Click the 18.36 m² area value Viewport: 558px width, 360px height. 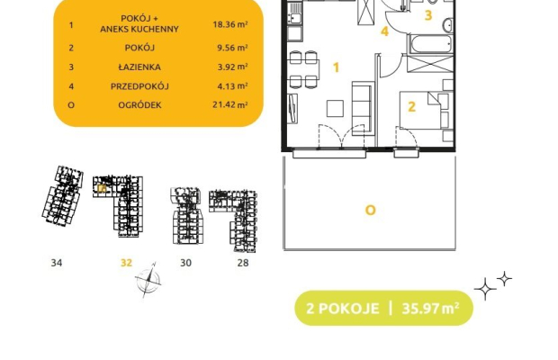[230, 24]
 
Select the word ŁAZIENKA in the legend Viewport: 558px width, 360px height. [139, 67]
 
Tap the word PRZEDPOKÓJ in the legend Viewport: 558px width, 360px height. [139, 86]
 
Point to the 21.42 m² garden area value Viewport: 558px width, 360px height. [230, 105]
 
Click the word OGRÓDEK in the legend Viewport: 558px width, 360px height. [139, 105]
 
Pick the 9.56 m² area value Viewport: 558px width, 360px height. [232, 48]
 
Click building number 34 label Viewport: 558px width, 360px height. [57, 263]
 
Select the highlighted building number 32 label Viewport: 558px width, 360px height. [126, 263]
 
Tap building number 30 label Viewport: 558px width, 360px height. [185, 263]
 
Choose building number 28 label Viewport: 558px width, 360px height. [243, 263]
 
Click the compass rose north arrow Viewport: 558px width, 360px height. [148, 280]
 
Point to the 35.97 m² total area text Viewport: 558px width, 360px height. [430, 308]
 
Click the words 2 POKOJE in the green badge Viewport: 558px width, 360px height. [342, 308]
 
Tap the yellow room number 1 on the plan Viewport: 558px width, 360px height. [336, 67]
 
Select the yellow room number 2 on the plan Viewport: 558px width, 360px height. [411, 107]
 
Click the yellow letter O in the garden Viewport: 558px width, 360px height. [371, 211]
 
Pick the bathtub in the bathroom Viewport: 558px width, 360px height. [431, 44]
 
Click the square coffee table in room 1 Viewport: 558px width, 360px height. [335, 108]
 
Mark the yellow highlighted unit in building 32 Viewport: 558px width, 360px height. [102, 188]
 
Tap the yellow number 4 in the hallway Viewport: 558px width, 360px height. [384, 31]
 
